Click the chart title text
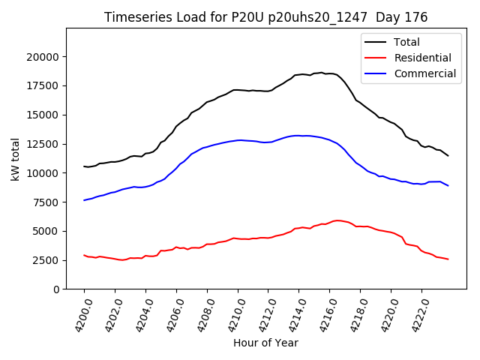[x=265, y=17]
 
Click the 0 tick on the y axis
[x=55, y=289]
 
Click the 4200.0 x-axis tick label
[x=79, y=315]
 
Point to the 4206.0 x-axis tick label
[x=171, y=315]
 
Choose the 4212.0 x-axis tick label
[x=262, y=315]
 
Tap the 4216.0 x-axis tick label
[x=324, y=315]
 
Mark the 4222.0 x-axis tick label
[x=416, y=315]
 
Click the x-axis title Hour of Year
[x=265, y=343]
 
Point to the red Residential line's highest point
[x=338, y=220]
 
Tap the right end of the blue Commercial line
[x=448, y=185]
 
